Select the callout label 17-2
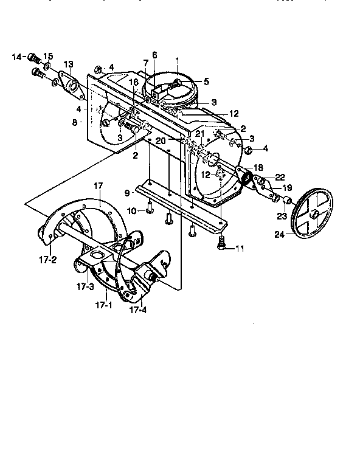[48, 259]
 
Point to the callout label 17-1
[105, 305]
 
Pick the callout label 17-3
[85, 285]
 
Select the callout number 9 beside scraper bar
[126, 193]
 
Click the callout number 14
[17, 57]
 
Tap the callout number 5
[206, 80]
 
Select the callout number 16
[133, 82]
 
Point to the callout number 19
[287, 188]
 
